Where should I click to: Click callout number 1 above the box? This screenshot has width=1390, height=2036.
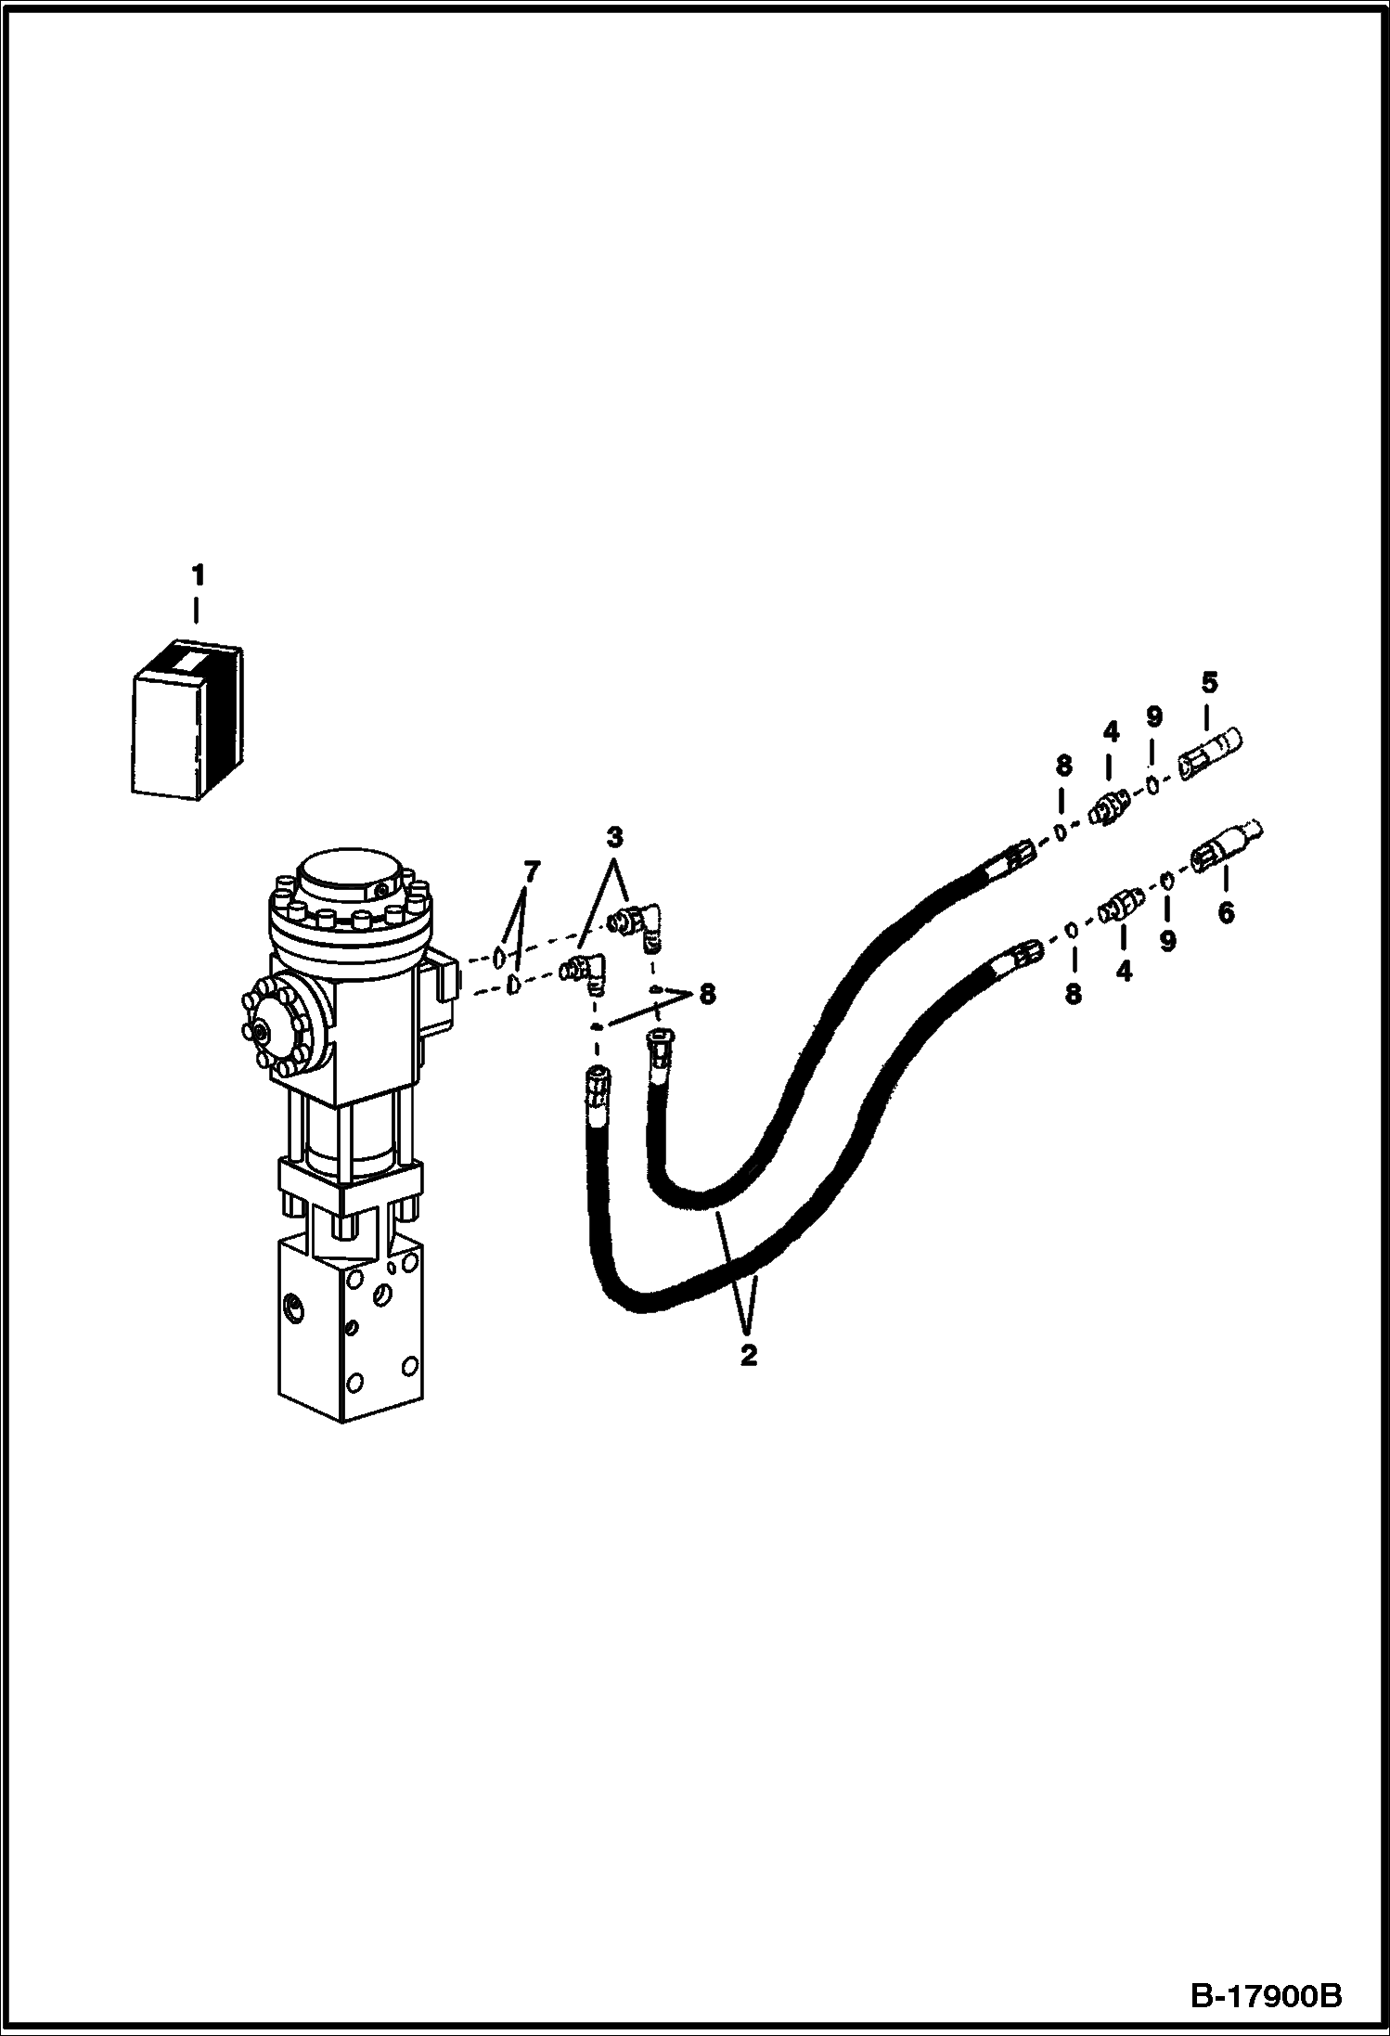(197, 575)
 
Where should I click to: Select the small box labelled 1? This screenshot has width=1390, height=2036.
(187, 719)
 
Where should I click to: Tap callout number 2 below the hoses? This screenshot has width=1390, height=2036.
(749, 1356)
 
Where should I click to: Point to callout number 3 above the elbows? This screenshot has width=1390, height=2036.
(614, 838)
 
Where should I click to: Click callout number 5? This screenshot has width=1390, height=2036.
(1209, 683)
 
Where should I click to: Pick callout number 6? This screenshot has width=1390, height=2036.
(1226, 914)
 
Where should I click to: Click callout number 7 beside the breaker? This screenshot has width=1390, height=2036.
(531, 871)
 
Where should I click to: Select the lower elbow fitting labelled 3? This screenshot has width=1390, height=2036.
(587, 975)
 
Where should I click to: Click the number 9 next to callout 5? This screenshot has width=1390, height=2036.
(1153, 717)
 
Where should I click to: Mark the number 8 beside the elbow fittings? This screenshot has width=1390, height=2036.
(707, 995)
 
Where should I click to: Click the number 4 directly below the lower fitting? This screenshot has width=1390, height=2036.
(1125, 972)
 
